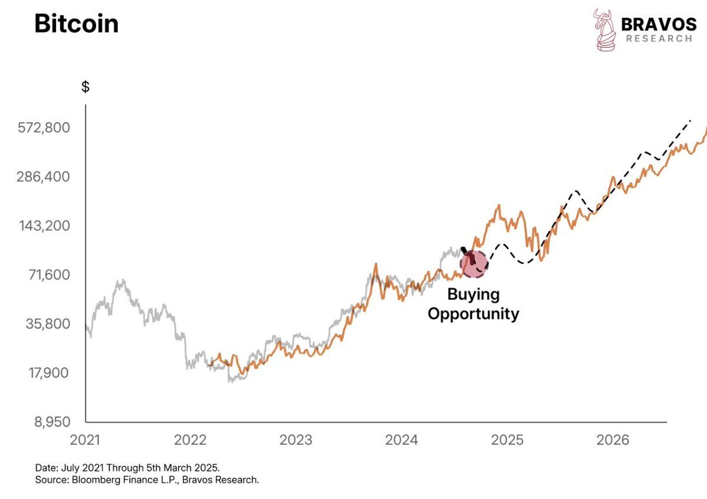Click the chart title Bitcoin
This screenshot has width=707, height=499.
coord(76,24)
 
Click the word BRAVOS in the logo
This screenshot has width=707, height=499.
coord(659,24)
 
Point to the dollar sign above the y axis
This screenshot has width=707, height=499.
coord(85,87)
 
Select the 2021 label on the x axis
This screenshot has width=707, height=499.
coord(86,439)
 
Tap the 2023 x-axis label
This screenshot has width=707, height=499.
coord(296,439)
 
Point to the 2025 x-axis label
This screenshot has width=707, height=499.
coord(508,439)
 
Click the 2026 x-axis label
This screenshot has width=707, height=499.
coord(613,439)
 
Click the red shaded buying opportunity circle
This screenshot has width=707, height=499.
coord(474,263)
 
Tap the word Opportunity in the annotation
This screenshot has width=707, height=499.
coord(473,313)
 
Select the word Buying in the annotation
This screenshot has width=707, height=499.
coord(473,294)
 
